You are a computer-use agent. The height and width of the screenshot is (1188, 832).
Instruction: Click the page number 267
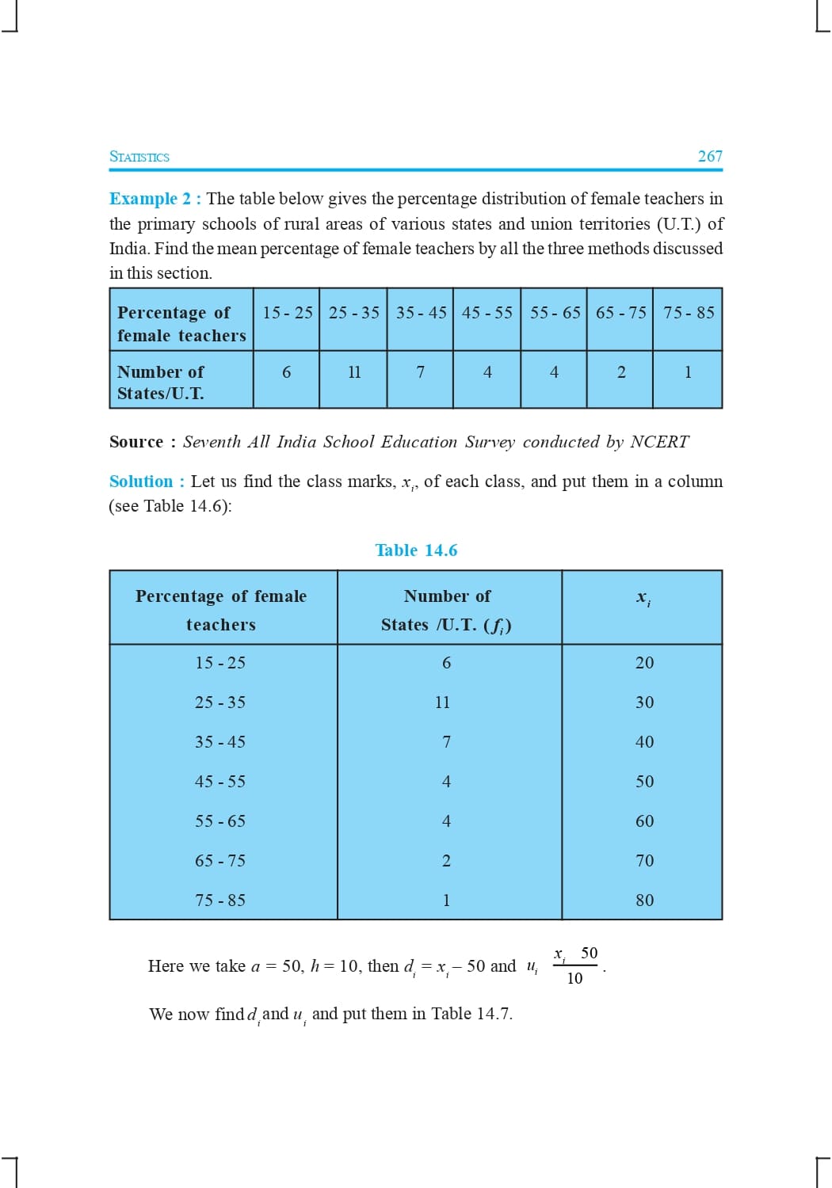[x=710, y=156]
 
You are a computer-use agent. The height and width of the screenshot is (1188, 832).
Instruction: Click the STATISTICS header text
[x=139, y=157]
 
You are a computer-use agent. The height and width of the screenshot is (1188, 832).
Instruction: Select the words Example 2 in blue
[x=151, y=199]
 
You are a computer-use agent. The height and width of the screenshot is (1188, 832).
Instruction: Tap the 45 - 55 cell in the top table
[x=487, y=313]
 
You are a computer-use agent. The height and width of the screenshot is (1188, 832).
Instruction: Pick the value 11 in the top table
[x=354, y=372]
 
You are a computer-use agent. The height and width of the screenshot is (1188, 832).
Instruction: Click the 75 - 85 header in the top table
[x=689, y=313]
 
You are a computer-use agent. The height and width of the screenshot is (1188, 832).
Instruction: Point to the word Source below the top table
[x=136, y=442]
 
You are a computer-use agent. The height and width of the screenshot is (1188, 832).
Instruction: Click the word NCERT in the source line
[x=659, y=442]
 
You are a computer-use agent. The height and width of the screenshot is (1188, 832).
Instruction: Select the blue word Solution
[x=141, y=482]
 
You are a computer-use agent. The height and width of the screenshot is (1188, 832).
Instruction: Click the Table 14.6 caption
[x=416, y=550]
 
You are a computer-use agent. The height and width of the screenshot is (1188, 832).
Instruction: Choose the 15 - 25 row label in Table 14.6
[x=220, y=663]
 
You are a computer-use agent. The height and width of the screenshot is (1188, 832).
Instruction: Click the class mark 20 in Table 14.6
[x=644, y=663]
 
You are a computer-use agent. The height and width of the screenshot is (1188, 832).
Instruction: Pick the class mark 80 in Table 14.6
[x=644, y=901]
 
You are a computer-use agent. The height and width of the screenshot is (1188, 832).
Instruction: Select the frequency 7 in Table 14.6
[x=446, y=742]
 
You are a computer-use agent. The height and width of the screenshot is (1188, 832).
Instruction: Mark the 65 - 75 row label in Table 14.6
[x=220, y=861]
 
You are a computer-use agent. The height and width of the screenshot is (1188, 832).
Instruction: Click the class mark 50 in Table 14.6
[x=644, y=782]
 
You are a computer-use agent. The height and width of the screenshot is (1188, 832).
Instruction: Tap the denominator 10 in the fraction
[x=574, y=978]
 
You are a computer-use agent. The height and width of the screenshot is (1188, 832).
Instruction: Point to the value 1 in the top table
[x=688, y=372]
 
